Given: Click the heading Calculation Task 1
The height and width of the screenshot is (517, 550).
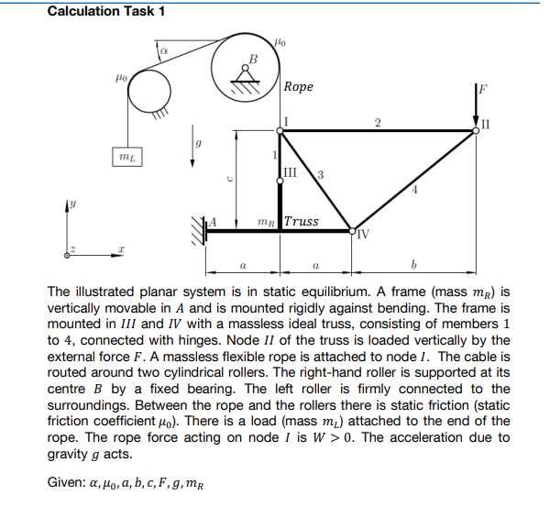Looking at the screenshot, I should (x=105, y=11).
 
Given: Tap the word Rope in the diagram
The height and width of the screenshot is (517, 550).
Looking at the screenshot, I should (x=299, y=87).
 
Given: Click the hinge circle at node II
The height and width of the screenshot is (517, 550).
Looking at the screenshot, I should (x=475, y=130).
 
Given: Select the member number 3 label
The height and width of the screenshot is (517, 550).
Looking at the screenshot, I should (x=320, y=173).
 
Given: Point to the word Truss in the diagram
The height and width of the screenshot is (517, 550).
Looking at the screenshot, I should (x=302, y=221).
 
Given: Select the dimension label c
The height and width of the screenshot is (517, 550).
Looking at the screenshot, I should (x=230, y=179).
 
